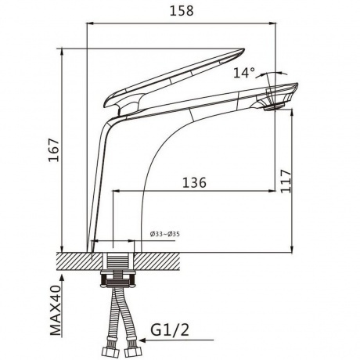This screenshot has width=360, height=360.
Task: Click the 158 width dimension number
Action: (x=182, y=11)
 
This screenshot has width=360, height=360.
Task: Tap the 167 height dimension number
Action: (x=54, y=150)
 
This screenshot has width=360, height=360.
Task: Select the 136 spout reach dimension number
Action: (x=194, y=182)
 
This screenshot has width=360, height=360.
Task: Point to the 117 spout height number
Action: (x=286, y=182)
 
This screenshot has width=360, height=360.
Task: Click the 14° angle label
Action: (x=244, y=73)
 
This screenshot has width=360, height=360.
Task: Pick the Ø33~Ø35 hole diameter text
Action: (x=165, y=234)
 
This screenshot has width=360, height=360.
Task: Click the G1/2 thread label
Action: (x=170, y=330)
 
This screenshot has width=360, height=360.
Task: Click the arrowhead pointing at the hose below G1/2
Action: (x=143, y=340)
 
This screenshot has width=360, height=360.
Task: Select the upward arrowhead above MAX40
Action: (x=62, y=278)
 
